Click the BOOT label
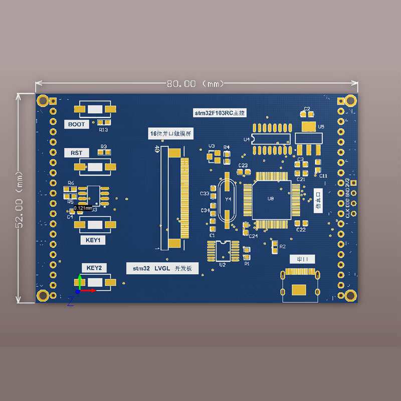77,124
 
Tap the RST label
77,152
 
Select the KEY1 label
93,240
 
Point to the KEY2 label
94,268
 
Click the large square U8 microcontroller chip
271,199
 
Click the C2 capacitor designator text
307,109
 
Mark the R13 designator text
104,130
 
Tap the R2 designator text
283,247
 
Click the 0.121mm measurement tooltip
83,208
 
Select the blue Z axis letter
71,301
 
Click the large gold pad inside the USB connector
299,290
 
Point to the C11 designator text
323,176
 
